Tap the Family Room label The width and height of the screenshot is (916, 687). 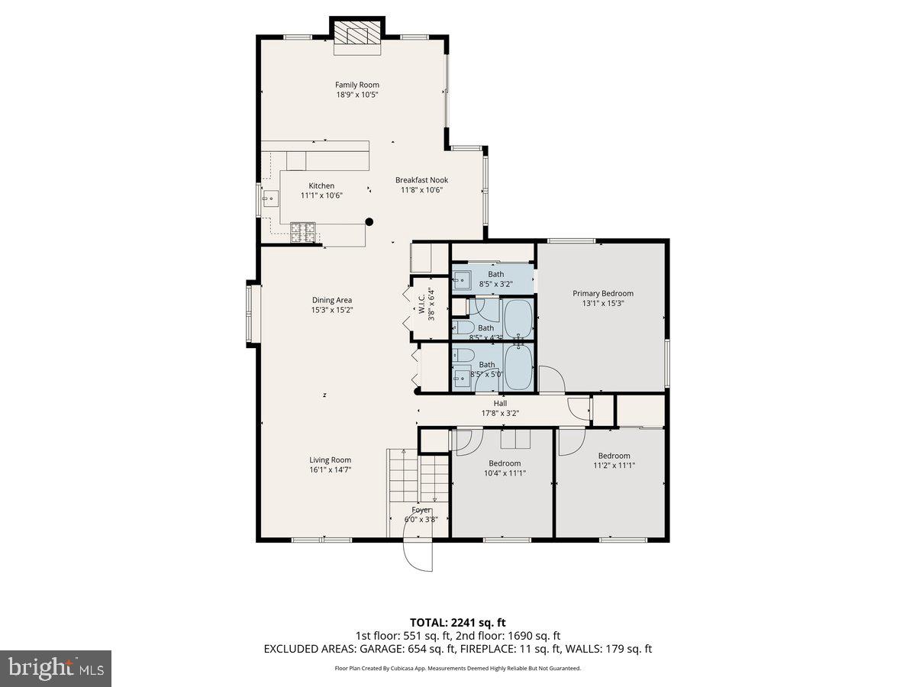(x=357, y=85)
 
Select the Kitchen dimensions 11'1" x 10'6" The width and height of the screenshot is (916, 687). (x=321, y=195)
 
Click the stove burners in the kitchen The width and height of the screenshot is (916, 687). (x=303, y=231)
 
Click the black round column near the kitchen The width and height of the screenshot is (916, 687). (x=369, y=222)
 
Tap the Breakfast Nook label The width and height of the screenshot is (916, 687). (x=421, y=180)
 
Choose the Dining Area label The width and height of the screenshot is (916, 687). (x=331, y=300)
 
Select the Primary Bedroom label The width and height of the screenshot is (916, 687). (x=603, y=293)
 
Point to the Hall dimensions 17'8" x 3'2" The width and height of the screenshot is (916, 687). (x=500, y=414)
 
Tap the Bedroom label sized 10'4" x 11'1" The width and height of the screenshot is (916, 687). (x=505, y=463)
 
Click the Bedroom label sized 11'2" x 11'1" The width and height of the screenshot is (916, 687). (x=614, y=456)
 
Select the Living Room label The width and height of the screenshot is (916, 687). (x=330, y=460)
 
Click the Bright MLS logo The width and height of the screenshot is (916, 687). (x=55, y=669)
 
